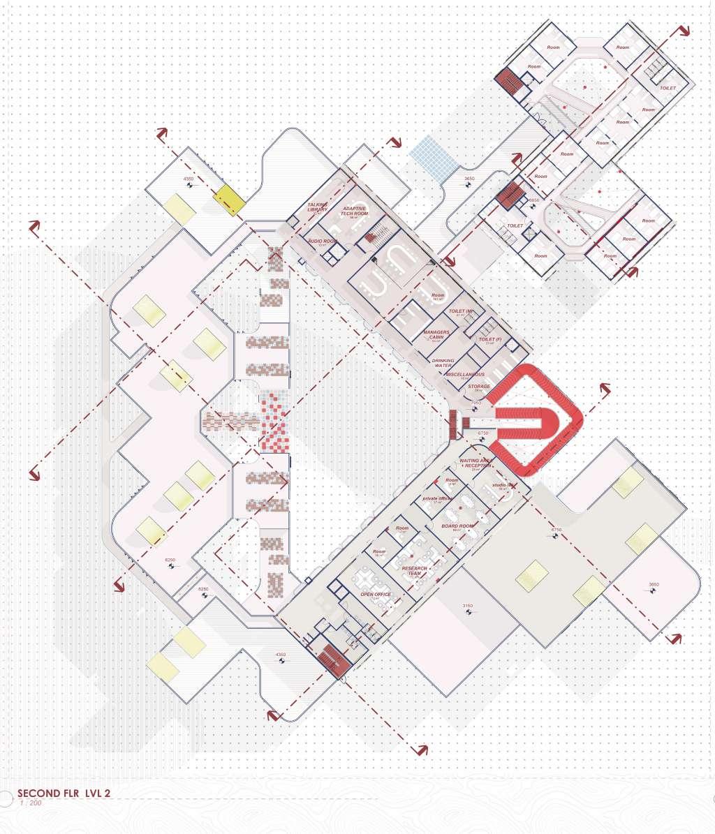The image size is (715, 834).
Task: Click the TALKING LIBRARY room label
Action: point(317,207)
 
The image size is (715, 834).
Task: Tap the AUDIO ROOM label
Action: point(322,241)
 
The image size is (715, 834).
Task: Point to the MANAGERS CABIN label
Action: point(436,335)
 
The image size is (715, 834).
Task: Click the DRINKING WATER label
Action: point(443,363)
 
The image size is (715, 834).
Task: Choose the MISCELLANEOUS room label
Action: point(465,375)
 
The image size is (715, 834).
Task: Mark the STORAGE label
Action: point(479,387)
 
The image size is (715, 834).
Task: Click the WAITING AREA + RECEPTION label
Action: point(476,463)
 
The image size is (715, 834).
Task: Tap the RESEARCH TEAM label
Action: point(414,571)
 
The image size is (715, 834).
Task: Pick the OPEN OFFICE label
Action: point(376,595)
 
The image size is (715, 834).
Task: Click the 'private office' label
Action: point(438,499)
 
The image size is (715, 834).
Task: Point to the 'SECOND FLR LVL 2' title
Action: point(64,793)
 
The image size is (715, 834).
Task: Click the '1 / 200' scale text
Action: point(30,803)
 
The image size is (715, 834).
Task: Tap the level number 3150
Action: point(468,605)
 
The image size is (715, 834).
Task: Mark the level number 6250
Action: point(170,560)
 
